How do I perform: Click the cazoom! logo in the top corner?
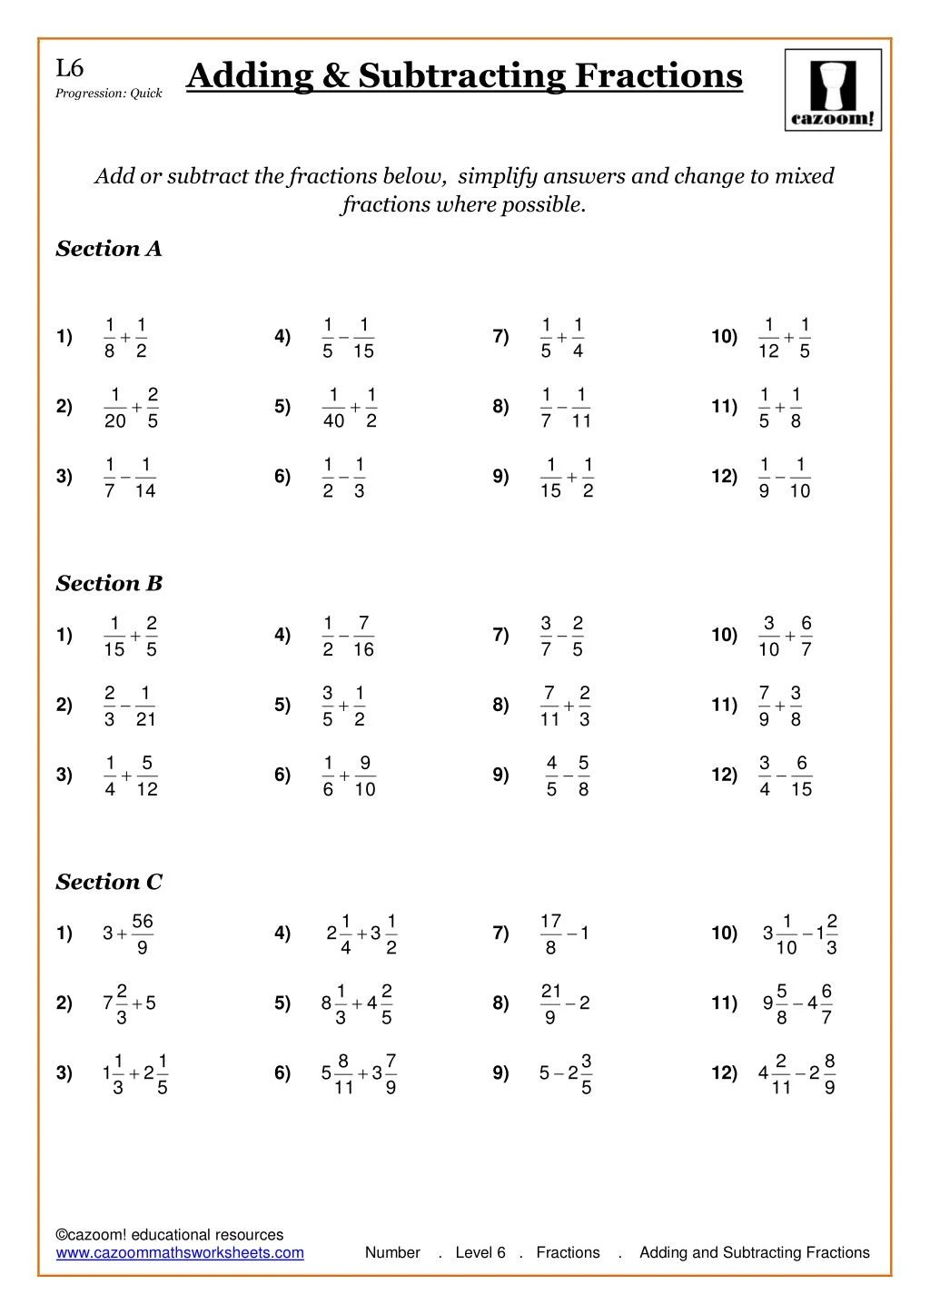pos(833,90)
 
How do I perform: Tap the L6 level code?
pos(69,68)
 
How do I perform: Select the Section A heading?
pos(109,249)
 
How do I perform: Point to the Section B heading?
pos(109,584)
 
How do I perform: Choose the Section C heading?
pos(109,882)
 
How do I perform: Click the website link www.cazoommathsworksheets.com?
pos(180,1253)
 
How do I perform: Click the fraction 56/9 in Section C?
pos(143,934)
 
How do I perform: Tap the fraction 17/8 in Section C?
pos(551,934)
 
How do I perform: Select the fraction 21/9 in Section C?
pos(551,1004)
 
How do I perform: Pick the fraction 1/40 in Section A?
pos(333,408)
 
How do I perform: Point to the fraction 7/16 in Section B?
pos(363,636)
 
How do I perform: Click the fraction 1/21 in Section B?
pos(145,706)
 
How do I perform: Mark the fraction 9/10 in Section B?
pos(365,776)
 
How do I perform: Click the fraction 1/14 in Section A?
pos(145,478)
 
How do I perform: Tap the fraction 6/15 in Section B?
pos(801,776)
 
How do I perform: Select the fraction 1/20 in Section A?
pos(115,408)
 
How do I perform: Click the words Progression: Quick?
pos(109,94)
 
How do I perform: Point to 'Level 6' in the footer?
pos(480,1253)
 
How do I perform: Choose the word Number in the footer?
pos(392,1253)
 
